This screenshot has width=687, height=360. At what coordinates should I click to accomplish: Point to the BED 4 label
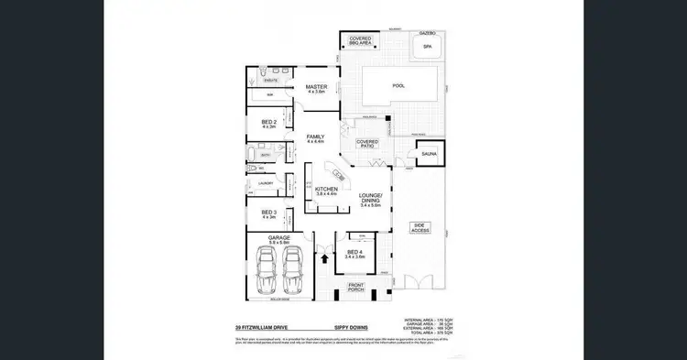(x=354, y=254)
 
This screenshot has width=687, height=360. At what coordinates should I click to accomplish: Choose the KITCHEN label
(x=327, y=191)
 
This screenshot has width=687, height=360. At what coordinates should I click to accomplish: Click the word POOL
(x=398, y=86)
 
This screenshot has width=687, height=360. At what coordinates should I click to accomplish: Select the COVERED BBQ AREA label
(x=360, y=40)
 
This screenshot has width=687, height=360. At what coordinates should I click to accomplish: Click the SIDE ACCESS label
(x=420, y=227)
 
